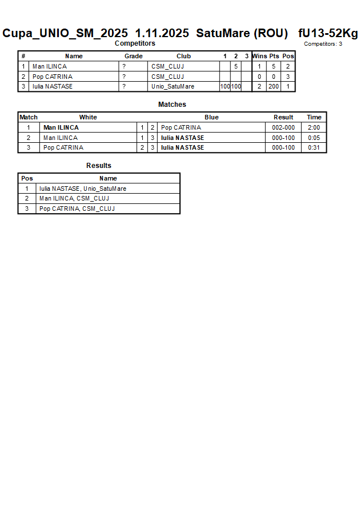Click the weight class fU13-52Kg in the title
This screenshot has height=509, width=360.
coord(328,33)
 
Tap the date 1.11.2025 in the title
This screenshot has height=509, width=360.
coord(162,33)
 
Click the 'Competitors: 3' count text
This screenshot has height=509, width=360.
coord(323,44)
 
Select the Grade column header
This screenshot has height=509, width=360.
coord(133,57)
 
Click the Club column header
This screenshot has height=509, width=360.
coord(183,57)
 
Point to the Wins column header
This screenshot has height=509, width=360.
coord(259,57)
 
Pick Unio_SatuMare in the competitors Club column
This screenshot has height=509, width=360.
coord(173,87)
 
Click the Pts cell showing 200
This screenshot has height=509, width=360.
coord(274,87)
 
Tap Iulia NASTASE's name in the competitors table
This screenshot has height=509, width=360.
coord(52,87)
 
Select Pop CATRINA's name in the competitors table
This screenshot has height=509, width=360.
coord(52,77)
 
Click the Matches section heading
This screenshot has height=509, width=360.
coord(172,105)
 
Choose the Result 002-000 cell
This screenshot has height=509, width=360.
coord(283,128)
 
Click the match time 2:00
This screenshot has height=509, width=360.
coord(314,128)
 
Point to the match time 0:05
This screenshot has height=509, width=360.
coord(314,138)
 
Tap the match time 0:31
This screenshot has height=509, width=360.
coord(314,147)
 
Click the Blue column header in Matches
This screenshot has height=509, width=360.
coord(211,118)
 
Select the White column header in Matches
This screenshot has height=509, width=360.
coord(88,118)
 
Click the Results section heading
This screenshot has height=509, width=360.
coord(99,166)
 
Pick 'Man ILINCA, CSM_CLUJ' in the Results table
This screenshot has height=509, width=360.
coord(74,199)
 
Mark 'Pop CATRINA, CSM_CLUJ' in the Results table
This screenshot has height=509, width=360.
coord(77,209)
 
